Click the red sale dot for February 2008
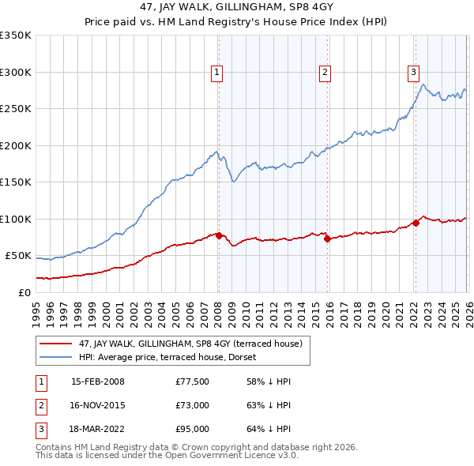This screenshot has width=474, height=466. tap(219, 235)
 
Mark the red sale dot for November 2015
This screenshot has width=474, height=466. tap(327, 239)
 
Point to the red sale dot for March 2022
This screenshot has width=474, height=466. tap(416, 223)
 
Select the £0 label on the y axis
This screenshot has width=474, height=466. tap(24, 292)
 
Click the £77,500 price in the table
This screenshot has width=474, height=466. tap(193, 382)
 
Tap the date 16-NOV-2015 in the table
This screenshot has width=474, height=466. tap(98, 405)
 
